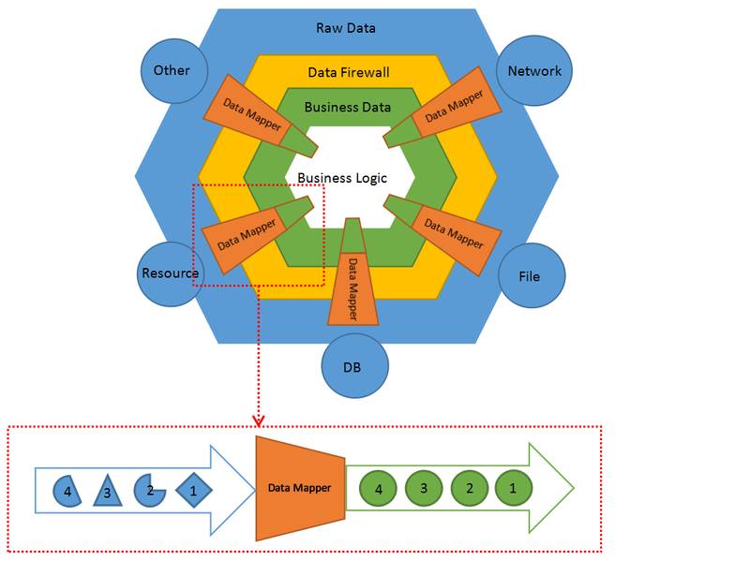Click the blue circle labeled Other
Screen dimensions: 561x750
point(172,71)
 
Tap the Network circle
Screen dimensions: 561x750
point(534,71)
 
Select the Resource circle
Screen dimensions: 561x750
point(171,273)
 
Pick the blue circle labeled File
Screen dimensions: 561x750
point(530,276)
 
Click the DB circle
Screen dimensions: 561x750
point(353,365)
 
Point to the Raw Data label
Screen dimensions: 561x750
point(346,28)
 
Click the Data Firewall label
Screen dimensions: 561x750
point(348,72)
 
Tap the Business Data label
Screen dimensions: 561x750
point(348,107)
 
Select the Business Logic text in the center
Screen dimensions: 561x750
point(342,177)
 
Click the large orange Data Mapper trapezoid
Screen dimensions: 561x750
point(299,488)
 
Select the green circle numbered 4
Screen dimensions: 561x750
point(379,489)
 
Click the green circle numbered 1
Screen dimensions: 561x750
point(512,489)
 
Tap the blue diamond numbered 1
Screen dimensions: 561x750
point(193,489)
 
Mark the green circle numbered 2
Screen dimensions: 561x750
point(468,489)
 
